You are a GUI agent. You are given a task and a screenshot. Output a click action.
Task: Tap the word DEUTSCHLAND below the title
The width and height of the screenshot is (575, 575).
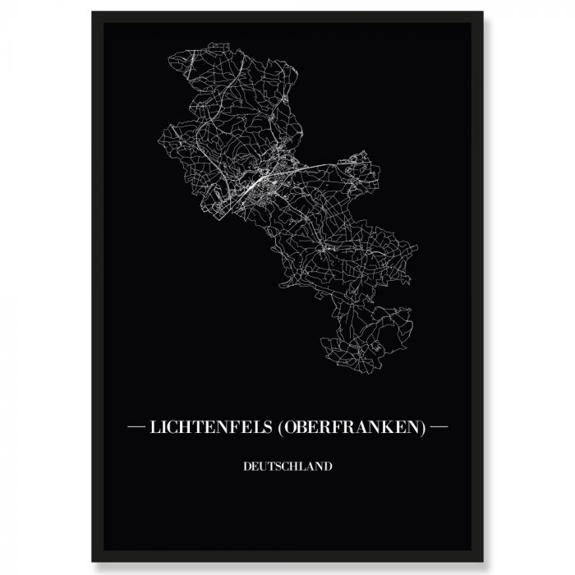click(287, 467)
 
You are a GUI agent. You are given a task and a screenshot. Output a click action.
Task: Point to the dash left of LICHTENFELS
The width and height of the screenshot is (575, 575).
click(136, 428)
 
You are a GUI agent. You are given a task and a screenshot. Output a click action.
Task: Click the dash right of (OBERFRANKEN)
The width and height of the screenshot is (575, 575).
click(439, 428)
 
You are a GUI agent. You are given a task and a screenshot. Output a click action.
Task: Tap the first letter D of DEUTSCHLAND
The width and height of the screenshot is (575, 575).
click(246, 467)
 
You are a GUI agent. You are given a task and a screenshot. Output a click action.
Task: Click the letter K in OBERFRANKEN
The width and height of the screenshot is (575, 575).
click(393, 428)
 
